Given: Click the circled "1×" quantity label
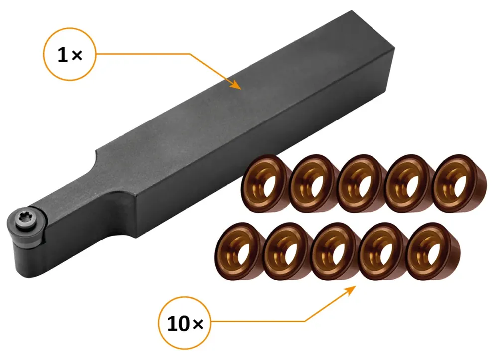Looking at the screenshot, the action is click(70, 54).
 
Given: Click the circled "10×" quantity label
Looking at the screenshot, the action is click(185, 323).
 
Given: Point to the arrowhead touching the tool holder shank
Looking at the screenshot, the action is click(236, 85).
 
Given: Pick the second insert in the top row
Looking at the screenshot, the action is click(313, 184).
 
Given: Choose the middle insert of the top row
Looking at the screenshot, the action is click(361, 184).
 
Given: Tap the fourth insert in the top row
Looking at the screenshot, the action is click(408, 184).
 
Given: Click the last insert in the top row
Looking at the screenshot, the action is click(459, 184).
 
